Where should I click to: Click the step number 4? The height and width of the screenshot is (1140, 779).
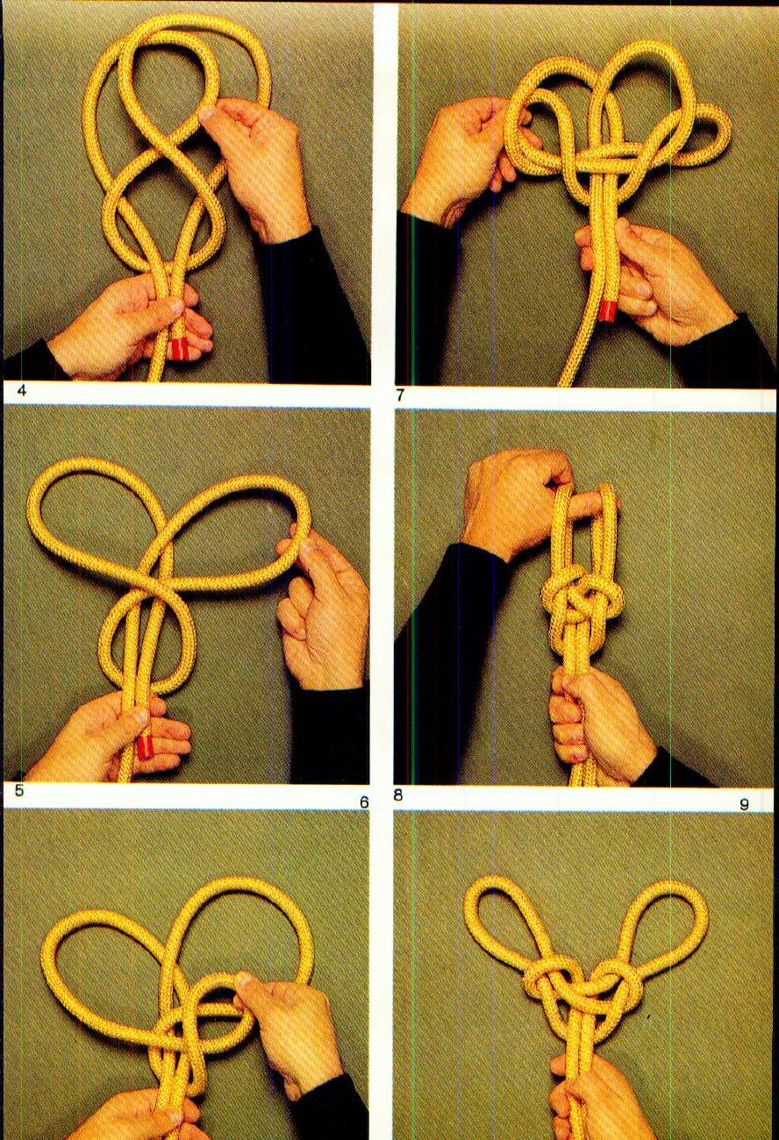pyautogui.click(x=21, y=392)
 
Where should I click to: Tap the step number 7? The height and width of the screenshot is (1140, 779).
pyautogui.click(x=400, y=395)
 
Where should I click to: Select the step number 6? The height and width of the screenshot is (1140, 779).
pyautogui.click(x=364, y=802)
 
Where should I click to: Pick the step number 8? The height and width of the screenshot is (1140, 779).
pyautogui.click(x=398, y=796)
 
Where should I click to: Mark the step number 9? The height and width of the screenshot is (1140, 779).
pyautogui.click(x=743, y=803)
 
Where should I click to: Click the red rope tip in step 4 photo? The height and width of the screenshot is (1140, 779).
pyautogui.click(x=180, y=349)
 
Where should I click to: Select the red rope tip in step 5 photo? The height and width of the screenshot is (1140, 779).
pyautogui.click(x=146, y=746)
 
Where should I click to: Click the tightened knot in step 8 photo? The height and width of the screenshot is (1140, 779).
pyautogui.click(x=580, y=603)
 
